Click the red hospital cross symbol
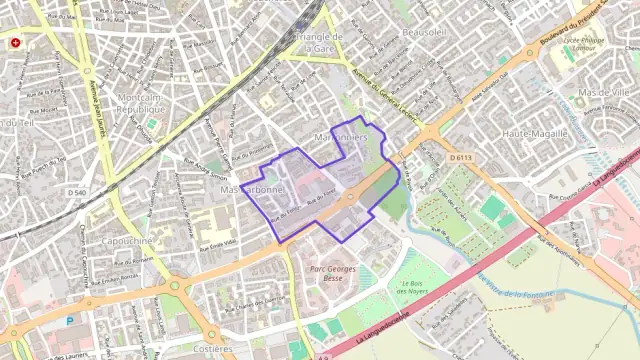pyautogui.click(x=16, y=44)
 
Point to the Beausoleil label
pyautogui.click(x=424, y=32)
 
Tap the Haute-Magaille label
pyautogui.click(x=535, y=133)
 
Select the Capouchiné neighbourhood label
pyautogui.click(x=127, y=240)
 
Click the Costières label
pyautogui.click(x=213, y=349)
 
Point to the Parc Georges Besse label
pyautogui.click(x=332, y=274)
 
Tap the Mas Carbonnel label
pyautogui.click(x=252, y=189)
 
